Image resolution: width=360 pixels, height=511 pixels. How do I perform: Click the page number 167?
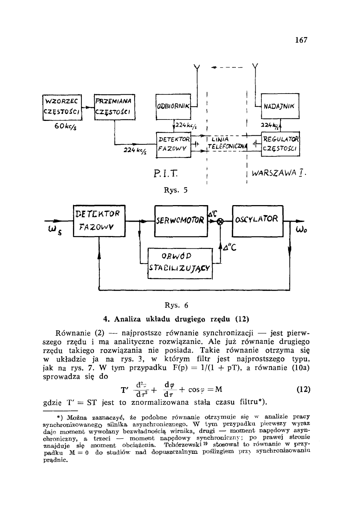301,40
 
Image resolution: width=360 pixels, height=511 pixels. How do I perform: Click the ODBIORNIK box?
172,106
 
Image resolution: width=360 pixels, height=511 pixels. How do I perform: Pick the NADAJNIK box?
279,106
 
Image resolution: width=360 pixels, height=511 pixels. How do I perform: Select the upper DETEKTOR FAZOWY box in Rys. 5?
173,145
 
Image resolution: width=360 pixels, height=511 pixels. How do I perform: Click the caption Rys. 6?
176,306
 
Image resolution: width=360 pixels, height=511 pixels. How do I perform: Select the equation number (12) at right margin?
303,390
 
